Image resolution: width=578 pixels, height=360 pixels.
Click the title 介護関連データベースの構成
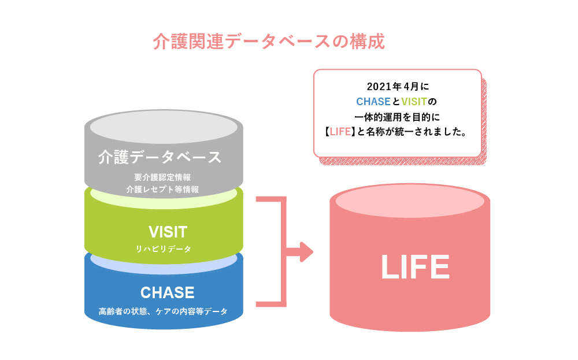(x=269, y=41)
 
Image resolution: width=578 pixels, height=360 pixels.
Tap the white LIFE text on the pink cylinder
(x=415, y=267)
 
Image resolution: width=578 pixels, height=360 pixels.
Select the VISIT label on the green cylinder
(x=168, y=232)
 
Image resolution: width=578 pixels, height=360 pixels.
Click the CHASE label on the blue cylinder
(x=168, y=292)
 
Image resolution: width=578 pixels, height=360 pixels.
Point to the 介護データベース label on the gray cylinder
(x=160, y=157)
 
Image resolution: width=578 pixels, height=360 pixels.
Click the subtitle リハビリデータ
(x=164, y=249)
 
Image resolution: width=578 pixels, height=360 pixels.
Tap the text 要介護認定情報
(x=162, y=177)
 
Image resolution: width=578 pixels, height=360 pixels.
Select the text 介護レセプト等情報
(x=162, y=190)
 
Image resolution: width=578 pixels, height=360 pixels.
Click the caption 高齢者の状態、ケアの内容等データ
(x=163, y=311)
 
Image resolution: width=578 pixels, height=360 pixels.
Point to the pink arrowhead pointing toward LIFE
(x=307, y=252)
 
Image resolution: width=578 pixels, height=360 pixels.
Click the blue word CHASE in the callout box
(x=373, y=101)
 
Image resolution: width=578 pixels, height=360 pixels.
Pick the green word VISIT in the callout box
(x=414, y=101)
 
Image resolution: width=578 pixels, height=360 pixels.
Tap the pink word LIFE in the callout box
(x=340, y=132)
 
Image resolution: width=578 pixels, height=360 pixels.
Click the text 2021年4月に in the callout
(x=398, y=87)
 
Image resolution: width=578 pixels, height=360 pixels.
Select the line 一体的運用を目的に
(x=397, y=117)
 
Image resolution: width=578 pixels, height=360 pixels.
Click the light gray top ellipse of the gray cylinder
(x=164, y=127)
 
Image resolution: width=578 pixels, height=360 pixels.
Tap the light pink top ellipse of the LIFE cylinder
(x=410, y=201)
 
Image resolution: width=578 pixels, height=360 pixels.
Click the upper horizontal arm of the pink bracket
(x=271, y=199)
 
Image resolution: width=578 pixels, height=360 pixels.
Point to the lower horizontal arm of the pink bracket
(x=271, y=305)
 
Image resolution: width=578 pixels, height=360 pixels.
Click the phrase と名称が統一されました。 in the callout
(x=412, y=132)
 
